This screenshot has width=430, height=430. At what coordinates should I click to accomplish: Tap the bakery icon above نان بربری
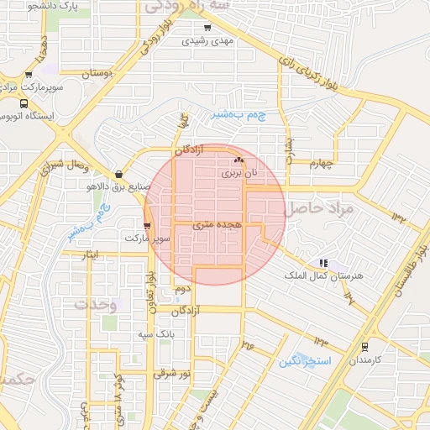point(238,160)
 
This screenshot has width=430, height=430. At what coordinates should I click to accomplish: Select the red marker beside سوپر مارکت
point(148,225)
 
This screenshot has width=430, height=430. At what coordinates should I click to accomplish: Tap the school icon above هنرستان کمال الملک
point(324,263)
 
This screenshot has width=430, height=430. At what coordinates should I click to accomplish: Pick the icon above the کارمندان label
point(364,345)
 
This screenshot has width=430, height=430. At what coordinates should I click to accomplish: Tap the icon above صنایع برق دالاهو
point(118,174)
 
